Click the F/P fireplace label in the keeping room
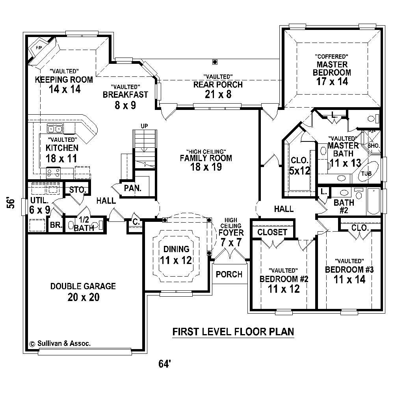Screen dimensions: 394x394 39,48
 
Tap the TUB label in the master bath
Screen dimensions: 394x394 366,173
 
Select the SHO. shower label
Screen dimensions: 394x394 374,146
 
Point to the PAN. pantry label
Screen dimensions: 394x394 133,188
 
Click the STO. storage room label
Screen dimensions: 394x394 78,190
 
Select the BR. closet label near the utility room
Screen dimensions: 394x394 54,226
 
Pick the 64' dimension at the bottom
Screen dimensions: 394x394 164,364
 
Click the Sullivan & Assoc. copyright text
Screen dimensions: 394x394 60,344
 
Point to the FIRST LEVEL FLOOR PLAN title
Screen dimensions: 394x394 233,332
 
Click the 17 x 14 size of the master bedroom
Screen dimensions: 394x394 332,82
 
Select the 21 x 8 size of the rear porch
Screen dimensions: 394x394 218,94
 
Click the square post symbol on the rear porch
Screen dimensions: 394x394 214,61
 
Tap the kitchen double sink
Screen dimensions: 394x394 55,128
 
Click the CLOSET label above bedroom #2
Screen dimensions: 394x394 272,232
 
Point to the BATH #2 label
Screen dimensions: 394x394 344,207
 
